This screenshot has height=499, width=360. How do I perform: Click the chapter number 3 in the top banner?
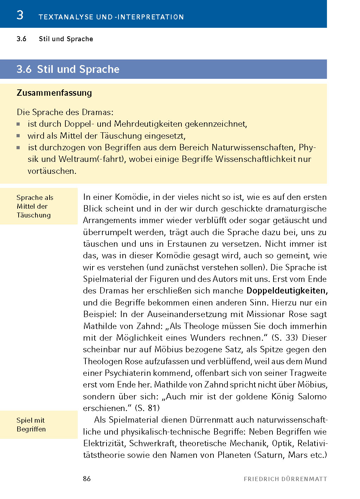tap(20, 15)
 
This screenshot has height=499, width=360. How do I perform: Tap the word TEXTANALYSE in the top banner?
tap(66, 17)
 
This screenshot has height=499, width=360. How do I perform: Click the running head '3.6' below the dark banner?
tap(21, 39)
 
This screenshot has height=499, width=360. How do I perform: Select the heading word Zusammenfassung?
tap(54, 93)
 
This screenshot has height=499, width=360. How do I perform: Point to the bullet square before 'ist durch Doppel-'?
tap(18, 124)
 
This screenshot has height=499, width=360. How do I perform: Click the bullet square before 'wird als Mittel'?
tap(18, 136)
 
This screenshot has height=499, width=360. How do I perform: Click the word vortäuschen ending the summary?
tap(52, 171)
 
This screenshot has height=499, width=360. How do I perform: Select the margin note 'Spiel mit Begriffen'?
tap(31, 425)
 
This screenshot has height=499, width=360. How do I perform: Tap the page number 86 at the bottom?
tap(87, 479)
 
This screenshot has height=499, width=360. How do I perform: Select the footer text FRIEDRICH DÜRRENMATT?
tap(285, 479)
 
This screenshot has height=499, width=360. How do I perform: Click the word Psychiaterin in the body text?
tap(148, 373)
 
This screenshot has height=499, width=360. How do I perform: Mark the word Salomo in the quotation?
tap(312, 397)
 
